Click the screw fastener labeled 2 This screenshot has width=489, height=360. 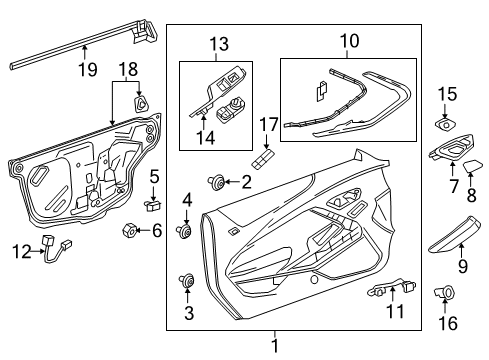tap(215, 181)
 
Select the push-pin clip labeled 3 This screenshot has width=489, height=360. tap(187, 281)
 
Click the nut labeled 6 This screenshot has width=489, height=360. tap(128, 231)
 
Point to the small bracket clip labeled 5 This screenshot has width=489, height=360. tap(151, 204)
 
